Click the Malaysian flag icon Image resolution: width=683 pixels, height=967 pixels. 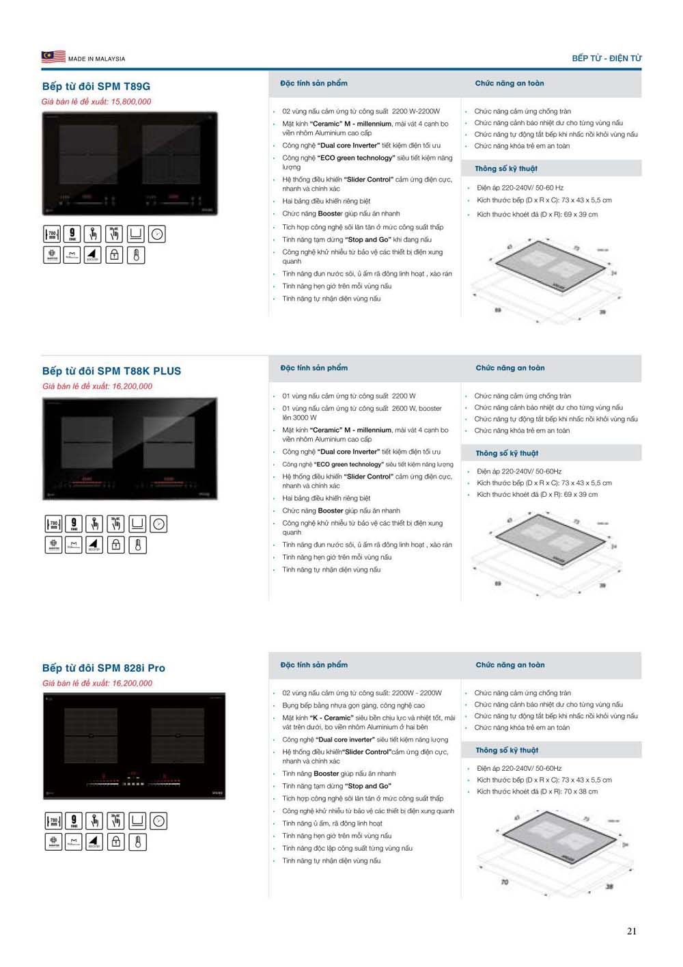point(53,57)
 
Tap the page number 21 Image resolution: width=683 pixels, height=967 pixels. point(632,931)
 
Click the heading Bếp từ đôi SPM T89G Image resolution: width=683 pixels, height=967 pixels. point(96,86)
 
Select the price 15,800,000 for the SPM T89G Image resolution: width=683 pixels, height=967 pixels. point(131,102)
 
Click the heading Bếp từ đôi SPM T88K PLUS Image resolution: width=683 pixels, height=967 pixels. point(111,371)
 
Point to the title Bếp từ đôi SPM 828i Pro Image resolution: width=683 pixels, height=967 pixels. point(104,668)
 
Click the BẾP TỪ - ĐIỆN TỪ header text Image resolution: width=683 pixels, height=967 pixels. point(607,58)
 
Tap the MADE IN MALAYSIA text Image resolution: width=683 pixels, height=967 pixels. point(96,59)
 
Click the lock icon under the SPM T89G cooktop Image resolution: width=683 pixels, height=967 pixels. point(114,255)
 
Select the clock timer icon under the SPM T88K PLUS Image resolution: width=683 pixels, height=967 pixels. point(158,524)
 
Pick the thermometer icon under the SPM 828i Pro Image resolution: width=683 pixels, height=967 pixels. point(137,841)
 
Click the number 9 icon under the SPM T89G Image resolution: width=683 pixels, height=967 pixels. point(72,234)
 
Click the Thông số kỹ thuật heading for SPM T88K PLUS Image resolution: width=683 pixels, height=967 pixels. point(507,453)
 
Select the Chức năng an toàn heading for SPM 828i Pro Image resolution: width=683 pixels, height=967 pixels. point(510,665)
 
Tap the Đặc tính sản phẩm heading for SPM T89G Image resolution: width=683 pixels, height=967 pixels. point(313,83)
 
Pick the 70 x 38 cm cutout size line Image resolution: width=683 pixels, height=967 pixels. point(537,791)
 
